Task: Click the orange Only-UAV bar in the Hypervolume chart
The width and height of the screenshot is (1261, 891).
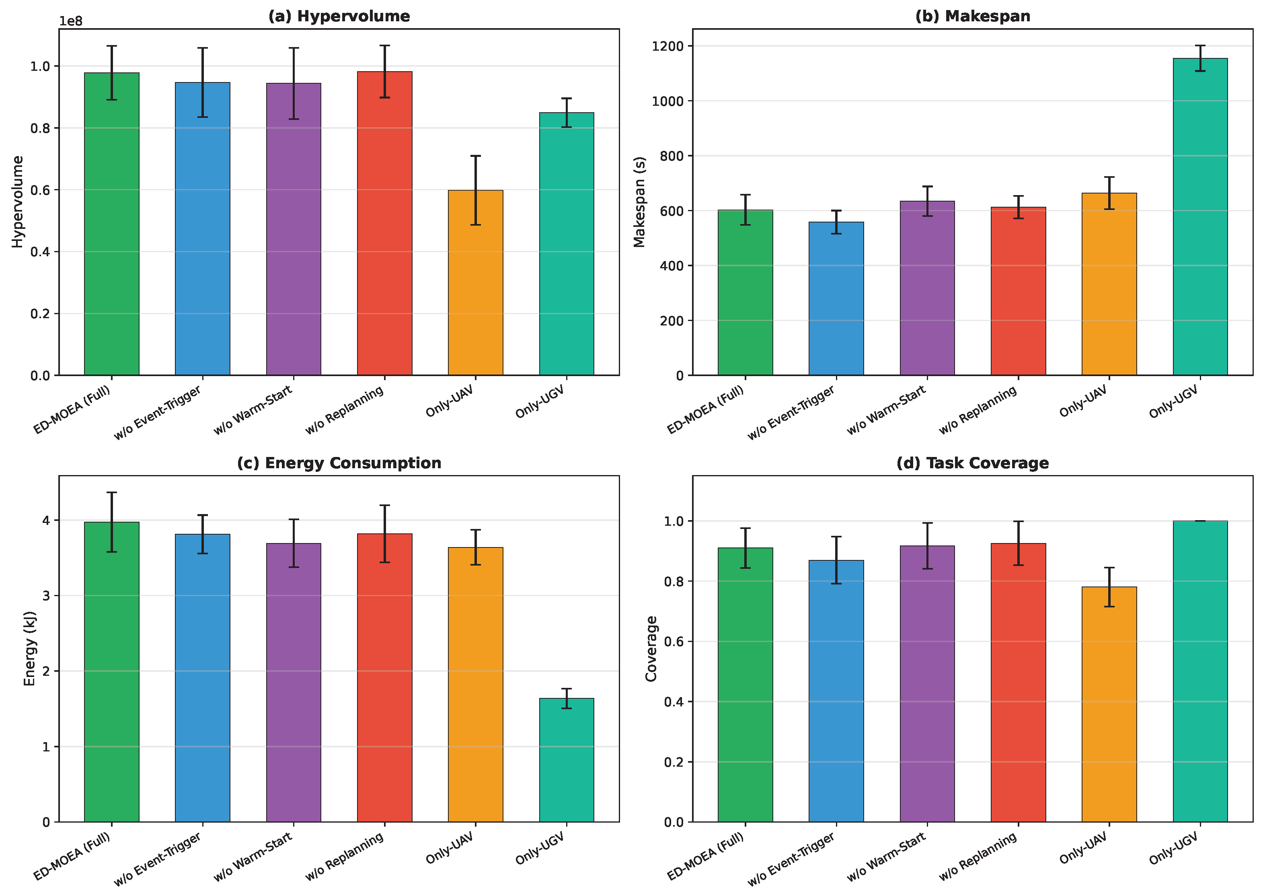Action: [476, 283]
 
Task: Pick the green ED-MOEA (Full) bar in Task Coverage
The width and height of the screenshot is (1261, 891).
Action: [745, 685]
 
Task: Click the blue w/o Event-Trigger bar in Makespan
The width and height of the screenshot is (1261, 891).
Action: [836, 299]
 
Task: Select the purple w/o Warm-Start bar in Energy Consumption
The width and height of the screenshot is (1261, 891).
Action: [294, 683]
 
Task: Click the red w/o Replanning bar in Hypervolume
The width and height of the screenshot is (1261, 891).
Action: [384, 224]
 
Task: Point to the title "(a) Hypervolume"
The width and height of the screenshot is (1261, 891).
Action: [339, 16]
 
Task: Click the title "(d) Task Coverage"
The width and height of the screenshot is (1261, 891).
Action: [973, 463]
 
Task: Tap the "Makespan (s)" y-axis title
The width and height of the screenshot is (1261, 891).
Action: [639, 202]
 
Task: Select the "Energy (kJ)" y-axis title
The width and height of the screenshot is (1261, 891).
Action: [30, 649]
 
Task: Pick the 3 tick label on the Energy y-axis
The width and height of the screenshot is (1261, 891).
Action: [46, 596]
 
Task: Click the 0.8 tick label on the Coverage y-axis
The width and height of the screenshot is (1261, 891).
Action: [674, 581]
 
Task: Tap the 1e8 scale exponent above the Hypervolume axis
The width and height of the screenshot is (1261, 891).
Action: [71, 21]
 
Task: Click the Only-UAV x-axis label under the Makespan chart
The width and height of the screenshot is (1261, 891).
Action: [1083, 401]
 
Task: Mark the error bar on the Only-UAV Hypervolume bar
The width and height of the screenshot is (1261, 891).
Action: [476, 190]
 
